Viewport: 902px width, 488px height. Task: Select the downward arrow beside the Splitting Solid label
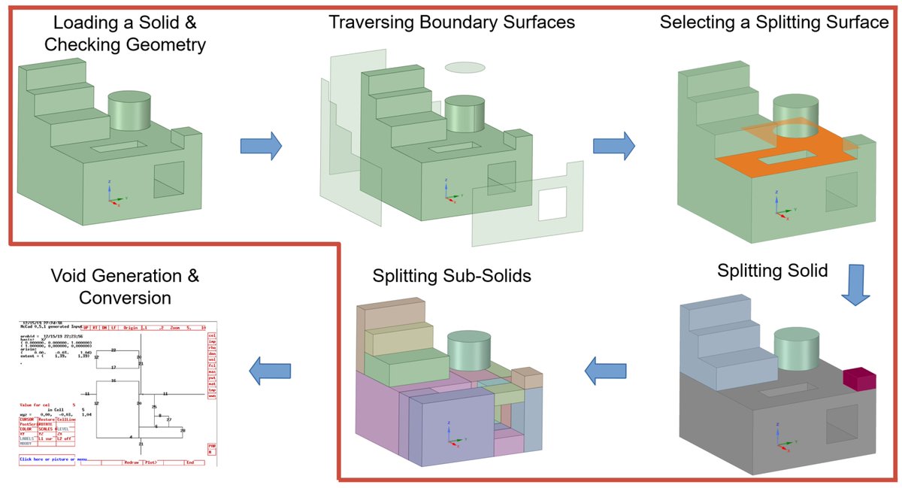855,285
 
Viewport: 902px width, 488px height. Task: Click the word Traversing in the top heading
370,22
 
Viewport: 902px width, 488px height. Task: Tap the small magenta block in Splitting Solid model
859,380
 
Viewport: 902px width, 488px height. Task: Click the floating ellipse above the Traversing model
464,68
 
